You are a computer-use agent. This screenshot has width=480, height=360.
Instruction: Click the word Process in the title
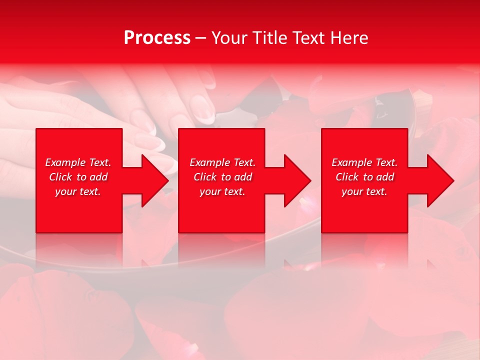(x=157, y=38)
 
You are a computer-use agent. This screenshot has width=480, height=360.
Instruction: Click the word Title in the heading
(x=269, y=38)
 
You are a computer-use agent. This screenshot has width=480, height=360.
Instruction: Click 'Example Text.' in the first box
(x=78, y=162)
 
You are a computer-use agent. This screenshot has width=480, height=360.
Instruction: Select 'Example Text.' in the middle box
(x=222, y=162)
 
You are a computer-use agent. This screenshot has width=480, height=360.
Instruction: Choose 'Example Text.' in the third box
(x=364, y=162)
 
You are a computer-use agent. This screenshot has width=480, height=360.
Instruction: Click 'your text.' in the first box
(x=78, y=191)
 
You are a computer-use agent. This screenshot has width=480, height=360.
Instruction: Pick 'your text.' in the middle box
(x=222, y=191)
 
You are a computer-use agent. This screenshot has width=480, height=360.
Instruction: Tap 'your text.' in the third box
(x=364, y=191)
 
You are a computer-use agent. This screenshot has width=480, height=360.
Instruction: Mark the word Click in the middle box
(x=205, y=177)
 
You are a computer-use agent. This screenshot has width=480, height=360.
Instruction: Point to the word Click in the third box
(x=347, y=177)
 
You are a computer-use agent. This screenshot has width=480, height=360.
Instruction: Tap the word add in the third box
(x=385, y=177)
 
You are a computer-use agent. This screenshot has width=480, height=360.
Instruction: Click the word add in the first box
(x=98, y=177)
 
